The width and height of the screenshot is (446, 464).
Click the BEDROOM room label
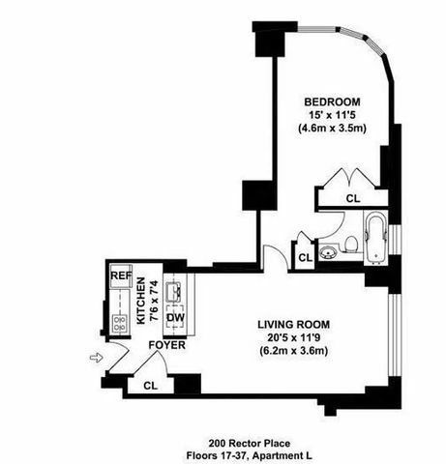tap(332, 102)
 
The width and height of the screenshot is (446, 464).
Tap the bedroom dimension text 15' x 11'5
tap(332, 115)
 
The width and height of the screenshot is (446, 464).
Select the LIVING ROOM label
tap(293, 325)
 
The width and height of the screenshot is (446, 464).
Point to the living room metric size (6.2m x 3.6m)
tap(293, 351)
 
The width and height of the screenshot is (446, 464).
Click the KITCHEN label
tap(141, 301)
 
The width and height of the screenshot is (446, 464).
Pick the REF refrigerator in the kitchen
tap(121, 275)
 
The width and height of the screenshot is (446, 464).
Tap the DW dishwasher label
tap(175, 317)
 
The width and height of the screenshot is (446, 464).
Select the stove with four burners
tap(119, 324)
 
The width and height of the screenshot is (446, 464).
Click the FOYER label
tap(166, 345)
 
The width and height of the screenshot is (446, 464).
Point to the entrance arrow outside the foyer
tap(96, 358)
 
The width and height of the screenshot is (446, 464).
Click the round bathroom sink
tap(329, 252)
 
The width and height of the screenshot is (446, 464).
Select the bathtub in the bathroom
tap(376, 238)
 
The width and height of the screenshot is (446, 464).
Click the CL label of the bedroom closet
tap(353, 198)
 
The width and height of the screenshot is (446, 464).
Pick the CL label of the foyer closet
tap(151, 386)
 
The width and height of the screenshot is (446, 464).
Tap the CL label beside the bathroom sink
tap(306, 258)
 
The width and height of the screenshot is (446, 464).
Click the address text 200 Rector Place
tap(249, 444)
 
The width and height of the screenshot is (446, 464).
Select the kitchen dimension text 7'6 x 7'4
tap(155, 301)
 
